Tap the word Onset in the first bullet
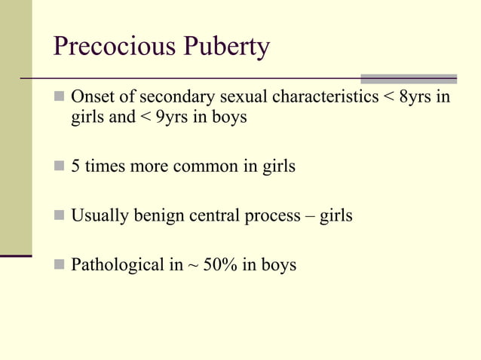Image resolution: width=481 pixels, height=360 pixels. tap(90, 99)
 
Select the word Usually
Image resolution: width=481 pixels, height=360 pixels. tap(97, 216)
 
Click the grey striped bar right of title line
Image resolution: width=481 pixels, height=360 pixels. tap(409, 78)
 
